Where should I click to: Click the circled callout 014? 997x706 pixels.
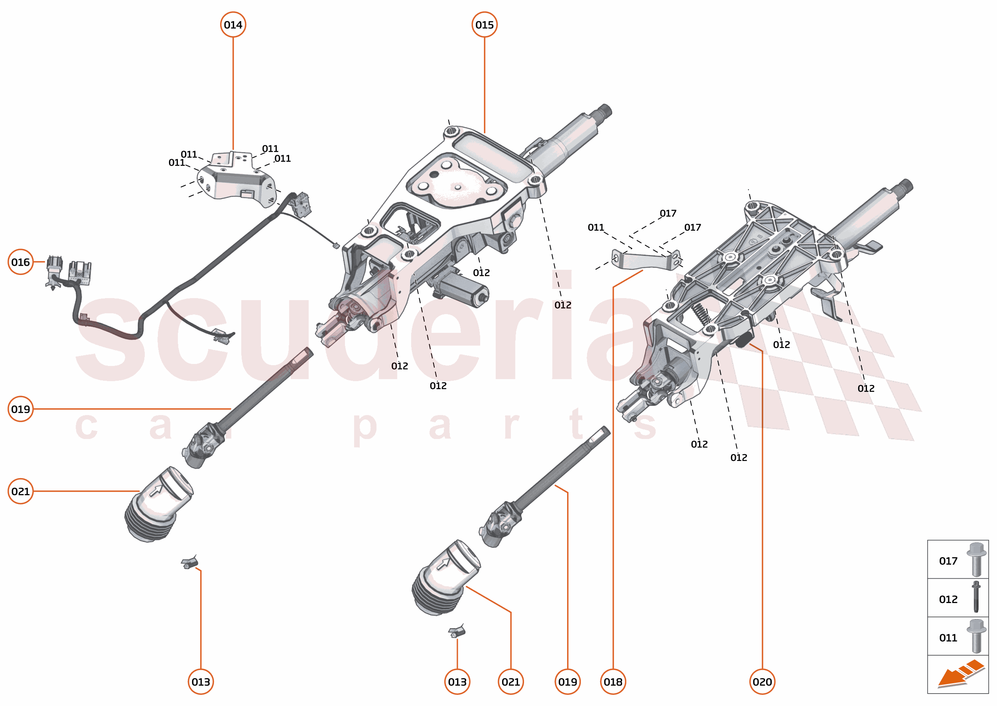[x=233, y=25]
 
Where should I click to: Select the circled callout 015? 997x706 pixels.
[x=485, y=25]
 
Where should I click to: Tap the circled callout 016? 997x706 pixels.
[x=20, y=262]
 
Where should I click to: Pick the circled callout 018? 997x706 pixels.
[x=613, y=682]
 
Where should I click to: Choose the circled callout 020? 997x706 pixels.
[x=762, y=682]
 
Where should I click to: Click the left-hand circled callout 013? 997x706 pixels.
[x=201, y=682]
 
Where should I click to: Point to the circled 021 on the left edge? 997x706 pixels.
[x=20, y=491]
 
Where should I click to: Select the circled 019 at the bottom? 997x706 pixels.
[x=567, y=682]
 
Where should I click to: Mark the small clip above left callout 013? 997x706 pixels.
[x=190, y=563]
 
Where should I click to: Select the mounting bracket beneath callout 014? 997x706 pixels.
[x=237, y=180]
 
